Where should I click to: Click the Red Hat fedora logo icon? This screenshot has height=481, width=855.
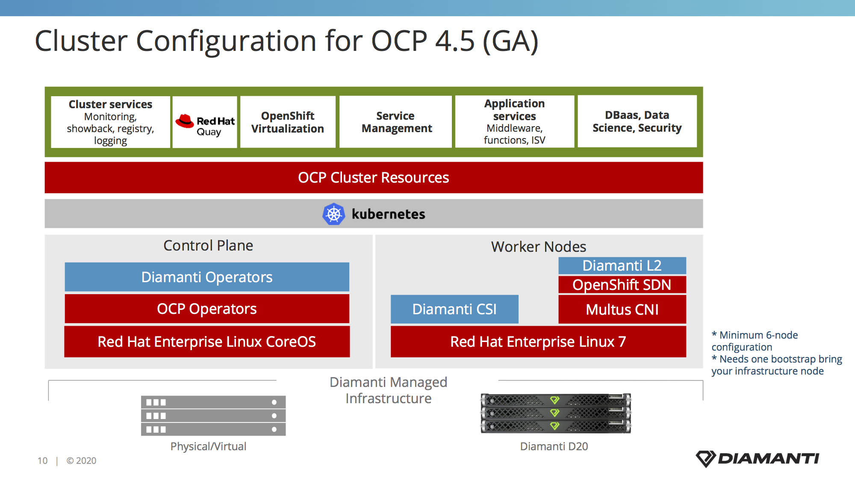185,121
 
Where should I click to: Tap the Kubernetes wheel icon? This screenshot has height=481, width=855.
333,214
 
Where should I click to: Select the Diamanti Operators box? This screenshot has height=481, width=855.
207,277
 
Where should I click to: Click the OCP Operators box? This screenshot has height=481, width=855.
207,309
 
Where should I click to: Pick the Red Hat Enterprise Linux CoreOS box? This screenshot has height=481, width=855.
207,342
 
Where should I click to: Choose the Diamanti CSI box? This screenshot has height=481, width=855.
454,309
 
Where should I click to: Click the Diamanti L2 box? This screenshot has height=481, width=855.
622,266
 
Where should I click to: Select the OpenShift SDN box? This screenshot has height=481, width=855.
622,285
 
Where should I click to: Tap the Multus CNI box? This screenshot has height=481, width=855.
622,309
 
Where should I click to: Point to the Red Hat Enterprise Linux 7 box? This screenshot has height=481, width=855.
538,342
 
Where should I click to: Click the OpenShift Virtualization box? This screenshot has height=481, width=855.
288,122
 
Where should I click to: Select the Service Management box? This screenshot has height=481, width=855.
396,122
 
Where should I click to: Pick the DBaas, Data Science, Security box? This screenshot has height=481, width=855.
637,121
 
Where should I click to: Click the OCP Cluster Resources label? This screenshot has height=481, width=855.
374,177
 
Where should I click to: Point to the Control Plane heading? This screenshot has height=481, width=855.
208,245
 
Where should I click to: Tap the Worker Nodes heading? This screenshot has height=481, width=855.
539,247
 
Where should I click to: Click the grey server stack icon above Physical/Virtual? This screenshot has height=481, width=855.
213,416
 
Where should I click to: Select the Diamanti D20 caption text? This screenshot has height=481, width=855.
554,446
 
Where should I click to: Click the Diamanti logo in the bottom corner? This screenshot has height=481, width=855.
758,459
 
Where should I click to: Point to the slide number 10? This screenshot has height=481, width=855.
42,460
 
